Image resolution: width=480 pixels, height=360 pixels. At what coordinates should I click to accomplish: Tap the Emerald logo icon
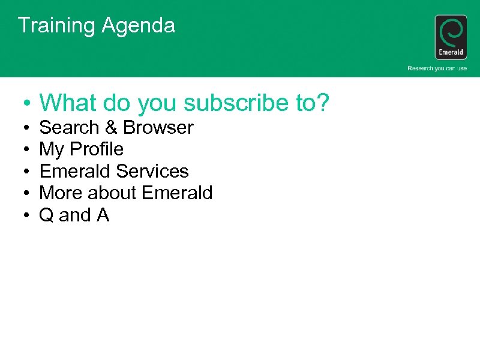[451, 37]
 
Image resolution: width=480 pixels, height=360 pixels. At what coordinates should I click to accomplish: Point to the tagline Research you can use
[437, 68]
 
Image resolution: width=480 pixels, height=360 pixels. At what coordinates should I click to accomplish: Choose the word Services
[152, 171]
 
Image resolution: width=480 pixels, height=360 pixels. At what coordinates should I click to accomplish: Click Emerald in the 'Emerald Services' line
[76, 171]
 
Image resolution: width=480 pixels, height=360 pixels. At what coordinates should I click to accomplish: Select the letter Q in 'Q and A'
[46, 215]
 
